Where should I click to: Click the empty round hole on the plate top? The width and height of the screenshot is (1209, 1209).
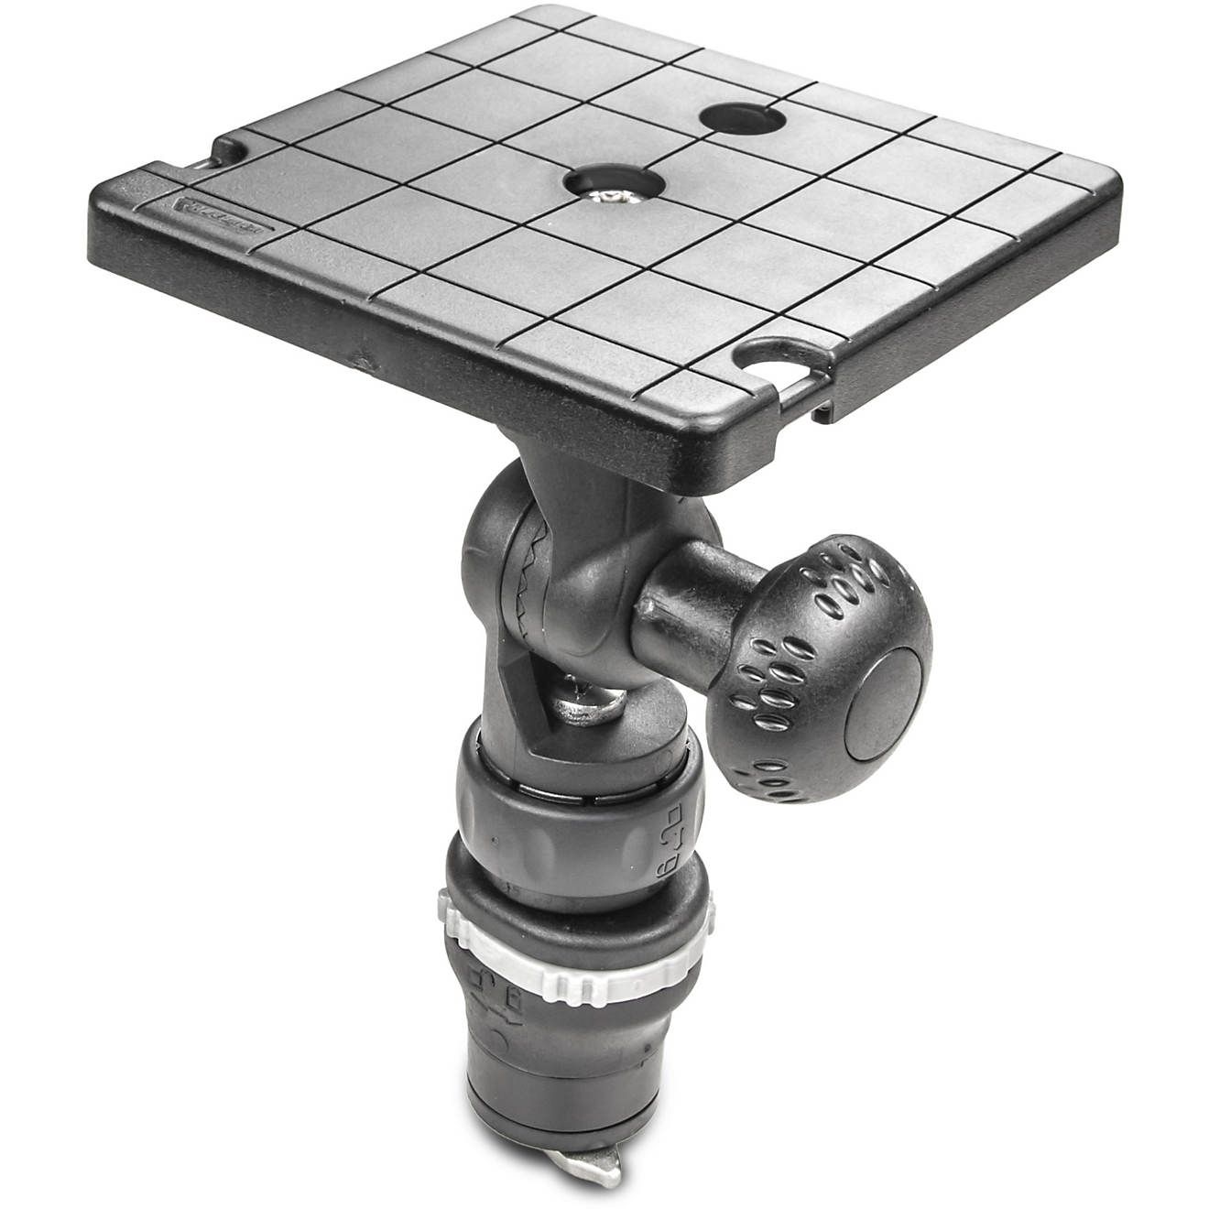click(743, 119)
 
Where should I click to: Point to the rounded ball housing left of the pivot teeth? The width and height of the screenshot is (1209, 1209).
click(490, 568)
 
